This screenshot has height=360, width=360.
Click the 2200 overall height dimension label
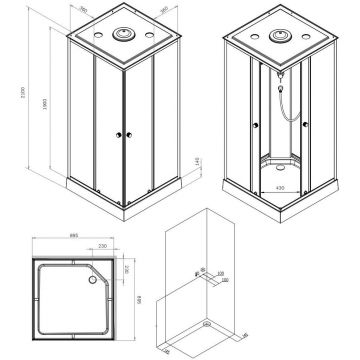click(7, 96)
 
